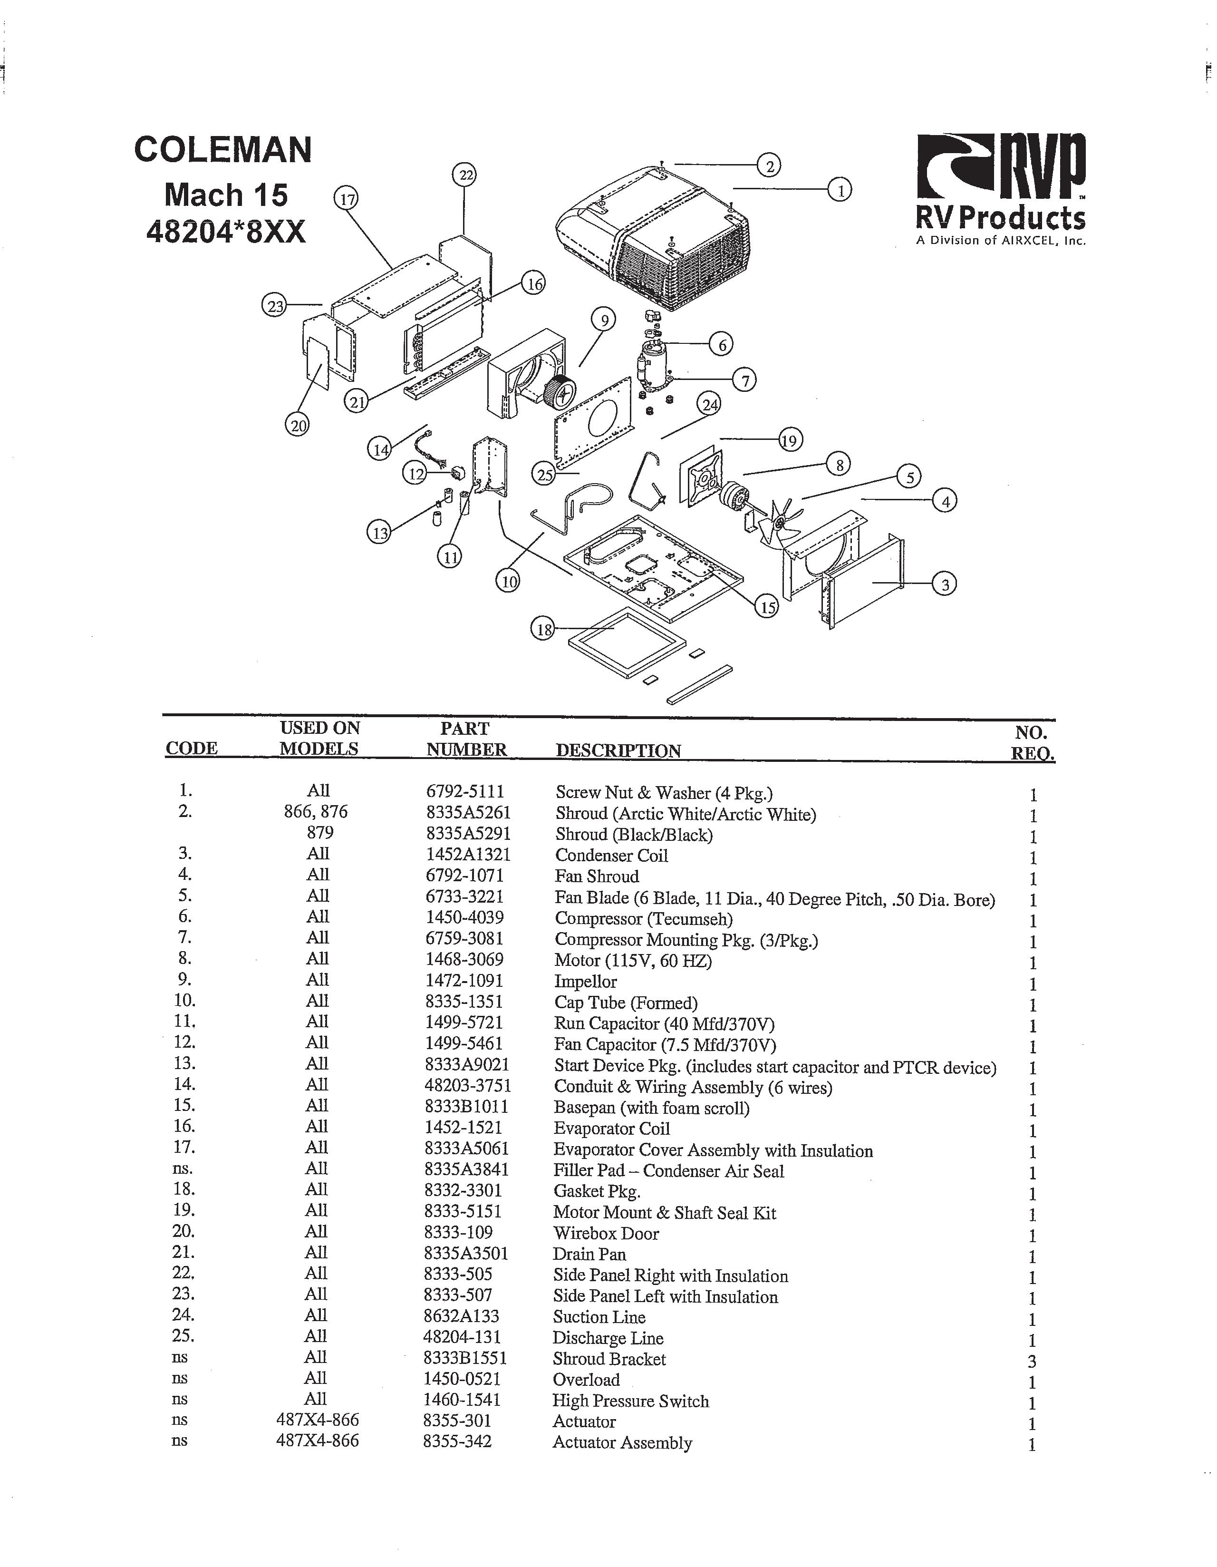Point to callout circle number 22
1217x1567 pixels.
[x=465, y=175]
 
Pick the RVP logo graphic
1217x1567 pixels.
[x=1001, y=168]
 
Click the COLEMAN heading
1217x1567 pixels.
[x=223, y=149]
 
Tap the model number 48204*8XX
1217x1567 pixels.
[x=226, y=232]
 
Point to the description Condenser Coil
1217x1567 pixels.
[x=611, y=855]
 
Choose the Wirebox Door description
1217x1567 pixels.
[x=605, y=1233]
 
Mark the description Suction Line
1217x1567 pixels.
[x=599, y=1316]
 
